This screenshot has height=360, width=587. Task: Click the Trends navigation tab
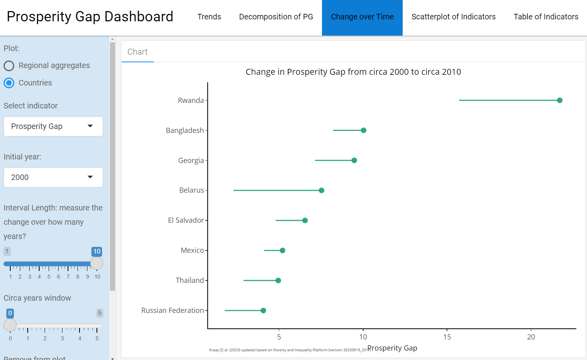[209, 17]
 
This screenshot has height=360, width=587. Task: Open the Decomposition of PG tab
[276, 17]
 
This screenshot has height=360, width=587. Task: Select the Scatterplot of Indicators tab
[453, 17]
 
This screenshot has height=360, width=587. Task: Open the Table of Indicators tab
[545, 17]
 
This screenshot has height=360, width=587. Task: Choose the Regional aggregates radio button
[9, 66]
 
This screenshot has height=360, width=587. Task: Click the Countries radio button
[9, 83]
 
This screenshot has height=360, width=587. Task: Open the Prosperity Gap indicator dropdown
[53, 127]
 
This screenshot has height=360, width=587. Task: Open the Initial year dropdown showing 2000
[53, 178]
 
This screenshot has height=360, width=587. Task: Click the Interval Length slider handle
[97, 263]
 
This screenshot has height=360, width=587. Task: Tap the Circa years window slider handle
[10, 325]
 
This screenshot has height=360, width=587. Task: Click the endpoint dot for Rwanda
[559, 100]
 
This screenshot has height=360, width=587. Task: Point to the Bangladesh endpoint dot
[364, 131]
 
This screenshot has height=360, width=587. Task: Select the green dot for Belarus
[321, 191]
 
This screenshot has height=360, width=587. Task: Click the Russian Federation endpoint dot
[263, 311]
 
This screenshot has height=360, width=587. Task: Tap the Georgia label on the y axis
[191, 161]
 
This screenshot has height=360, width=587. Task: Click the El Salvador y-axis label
[186, 220]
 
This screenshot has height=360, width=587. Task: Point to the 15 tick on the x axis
[447, 337]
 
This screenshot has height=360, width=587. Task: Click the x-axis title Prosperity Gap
[392, 348]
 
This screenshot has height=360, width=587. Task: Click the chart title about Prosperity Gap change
[353, 72]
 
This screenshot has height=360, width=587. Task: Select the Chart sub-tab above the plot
[137, 52]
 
